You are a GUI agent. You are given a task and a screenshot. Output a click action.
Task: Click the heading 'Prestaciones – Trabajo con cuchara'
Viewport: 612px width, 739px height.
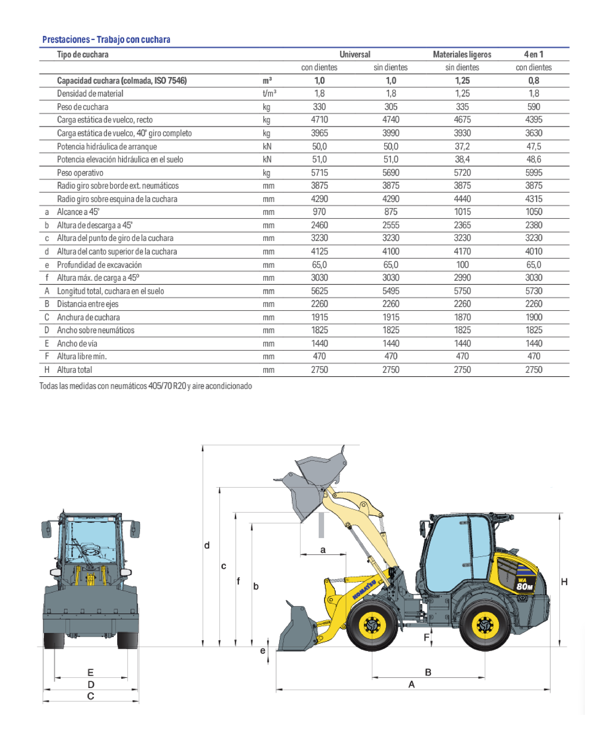click(x=106, y=39)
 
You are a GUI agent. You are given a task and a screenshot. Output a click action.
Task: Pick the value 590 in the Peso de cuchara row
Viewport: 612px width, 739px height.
click(x=534, y=107)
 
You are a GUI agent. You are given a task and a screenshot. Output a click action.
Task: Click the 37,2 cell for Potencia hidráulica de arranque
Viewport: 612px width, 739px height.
click(x=462, y=146)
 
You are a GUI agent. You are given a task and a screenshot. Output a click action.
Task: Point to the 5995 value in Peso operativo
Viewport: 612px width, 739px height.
click(x=534, y=173)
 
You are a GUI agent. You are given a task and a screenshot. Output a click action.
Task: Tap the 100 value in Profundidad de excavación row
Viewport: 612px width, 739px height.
click(x=462, y=265)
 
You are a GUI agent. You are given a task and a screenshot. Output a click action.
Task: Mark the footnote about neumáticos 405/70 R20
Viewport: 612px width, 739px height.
click(x=146, y=386)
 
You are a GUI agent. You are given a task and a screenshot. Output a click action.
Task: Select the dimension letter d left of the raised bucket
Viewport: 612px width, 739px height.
click(x=207, y=545)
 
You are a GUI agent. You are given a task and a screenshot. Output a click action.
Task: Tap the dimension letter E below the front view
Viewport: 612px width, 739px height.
click(x=90, y=673)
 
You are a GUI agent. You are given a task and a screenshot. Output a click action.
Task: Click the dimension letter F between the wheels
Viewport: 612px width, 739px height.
click(x=426, y=637)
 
